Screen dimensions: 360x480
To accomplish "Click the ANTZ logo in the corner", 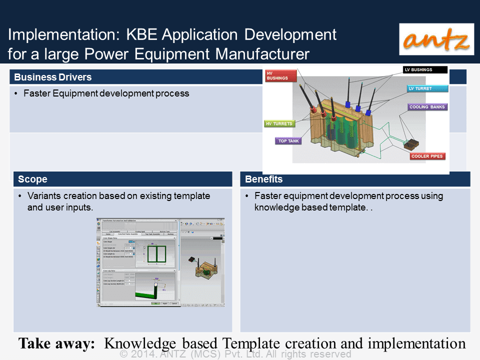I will point(436,39).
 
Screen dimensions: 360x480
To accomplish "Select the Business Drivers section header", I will point(52,77).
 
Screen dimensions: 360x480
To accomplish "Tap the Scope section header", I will point(32,179).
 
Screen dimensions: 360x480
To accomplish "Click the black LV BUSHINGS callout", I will point(425,70).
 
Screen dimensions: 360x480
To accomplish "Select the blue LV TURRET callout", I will point(425,88).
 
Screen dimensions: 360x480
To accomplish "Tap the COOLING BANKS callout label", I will point(427,107).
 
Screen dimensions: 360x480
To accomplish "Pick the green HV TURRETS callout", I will point(279,123).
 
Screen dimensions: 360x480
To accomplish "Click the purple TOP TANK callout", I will point(288,141).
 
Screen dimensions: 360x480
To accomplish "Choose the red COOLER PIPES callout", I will point(427,156).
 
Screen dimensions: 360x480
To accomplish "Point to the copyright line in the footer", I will point(236,354).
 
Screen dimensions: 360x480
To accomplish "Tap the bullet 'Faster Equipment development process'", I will point(106,93).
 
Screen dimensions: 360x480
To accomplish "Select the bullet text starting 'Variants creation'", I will point(118,201).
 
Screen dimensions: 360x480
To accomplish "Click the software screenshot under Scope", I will point(160,262).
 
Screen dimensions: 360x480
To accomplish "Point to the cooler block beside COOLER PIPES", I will point(411,145).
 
